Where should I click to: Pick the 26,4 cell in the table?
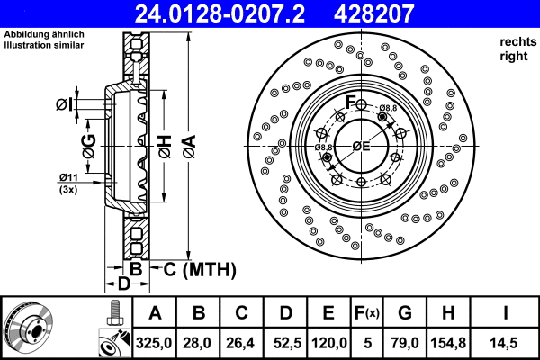[242, 342]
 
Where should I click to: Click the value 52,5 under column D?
[285, 342]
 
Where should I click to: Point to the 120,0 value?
[329, 342]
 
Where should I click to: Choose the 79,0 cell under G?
[405, 342]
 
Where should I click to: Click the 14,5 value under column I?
[505, 342]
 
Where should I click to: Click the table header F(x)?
[366, 313]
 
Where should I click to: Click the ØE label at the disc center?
[361, 146]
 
